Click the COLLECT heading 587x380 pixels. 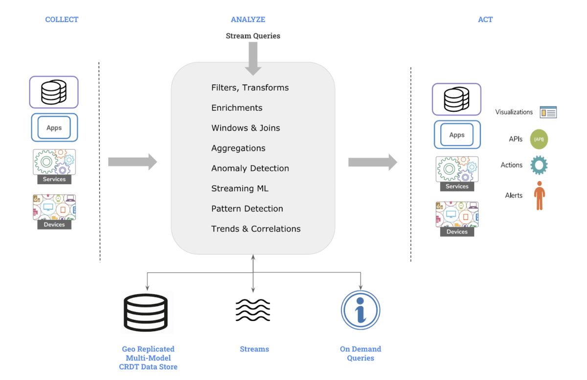click(62, 20)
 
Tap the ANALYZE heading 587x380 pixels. click(248, 20)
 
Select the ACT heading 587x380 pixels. click(485, 20)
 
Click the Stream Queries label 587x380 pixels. click(253, 36)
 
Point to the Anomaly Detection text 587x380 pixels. click(250, 168)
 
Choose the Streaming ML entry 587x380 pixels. click(240, 189)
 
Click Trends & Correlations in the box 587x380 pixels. click(256, 229)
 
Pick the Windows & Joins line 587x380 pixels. click(246, 128)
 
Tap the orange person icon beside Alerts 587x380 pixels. click(539, 196)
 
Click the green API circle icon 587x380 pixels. click(539, 140)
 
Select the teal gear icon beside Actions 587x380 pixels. click(539, 166)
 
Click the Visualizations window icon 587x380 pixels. click(548, 112)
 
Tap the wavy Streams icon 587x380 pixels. click(253, 310)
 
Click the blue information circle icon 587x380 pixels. click(361, 310)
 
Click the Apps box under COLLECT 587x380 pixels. click(54, 128)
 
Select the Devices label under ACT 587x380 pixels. click(457, 232)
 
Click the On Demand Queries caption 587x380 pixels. click(361, 354)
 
